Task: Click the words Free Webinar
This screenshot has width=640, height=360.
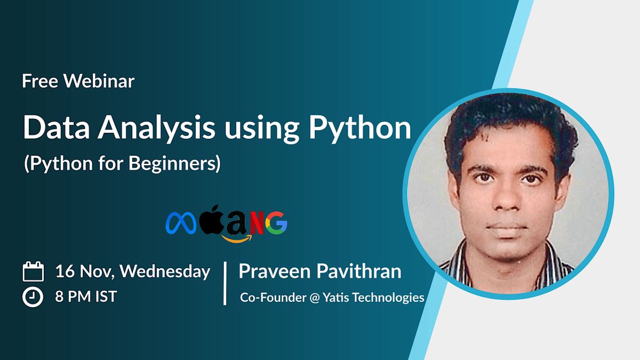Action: (78, 81)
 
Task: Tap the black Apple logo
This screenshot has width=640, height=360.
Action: (211, 219)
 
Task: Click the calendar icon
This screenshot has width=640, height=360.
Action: (33, 272)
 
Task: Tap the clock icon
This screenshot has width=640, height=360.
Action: (33, 297)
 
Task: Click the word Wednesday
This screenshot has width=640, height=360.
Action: (165, 271)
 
